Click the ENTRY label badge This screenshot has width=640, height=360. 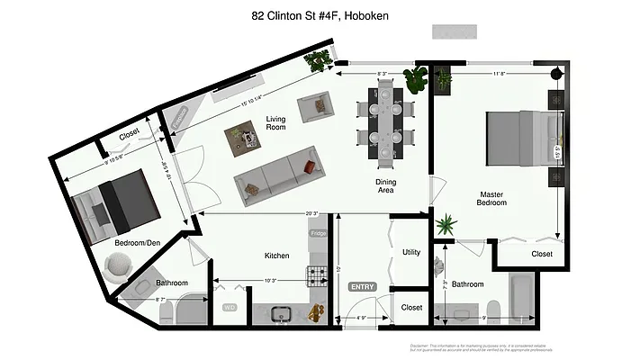(362, 286)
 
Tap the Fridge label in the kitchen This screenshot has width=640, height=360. (318, 234)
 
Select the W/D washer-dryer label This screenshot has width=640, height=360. (229, 307)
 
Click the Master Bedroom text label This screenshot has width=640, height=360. (491, 198)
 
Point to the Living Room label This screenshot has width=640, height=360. (275, 123)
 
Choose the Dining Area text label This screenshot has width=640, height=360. (385, 187)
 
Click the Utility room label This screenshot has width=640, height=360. (412, 252)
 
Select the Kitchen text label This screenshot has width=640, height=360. (276, 256)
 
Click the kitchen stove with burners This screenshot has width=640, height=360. (318, 274)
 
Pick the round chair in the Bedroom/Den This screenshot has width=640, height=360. (118, 267)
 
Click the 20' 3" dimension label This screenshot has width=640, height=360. (311, 213)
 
